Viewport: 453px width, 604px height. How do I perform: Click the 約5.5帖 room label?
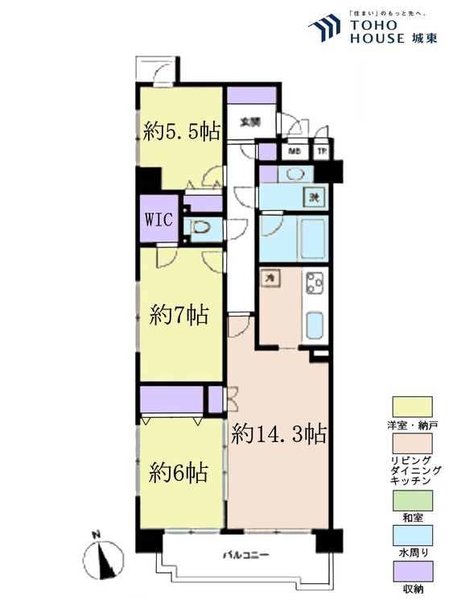182,131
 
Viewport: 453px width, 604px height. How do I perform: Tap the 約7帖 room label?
179,315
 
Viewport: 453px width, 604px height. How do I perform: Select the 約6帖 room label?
179,472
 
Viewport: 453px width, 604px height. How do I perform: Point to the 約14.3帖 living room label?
278,435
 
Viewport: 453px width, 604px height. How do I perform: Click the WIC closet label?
159,220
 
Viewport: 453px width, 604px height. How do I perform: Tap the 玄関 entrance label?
249,122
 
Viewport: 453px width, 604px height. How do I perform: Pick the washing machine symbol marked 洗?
312,197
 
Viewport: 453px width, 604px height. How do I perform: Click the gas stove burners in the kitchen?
314,283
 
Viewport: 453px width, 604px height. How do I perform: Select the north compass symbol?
104,556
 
